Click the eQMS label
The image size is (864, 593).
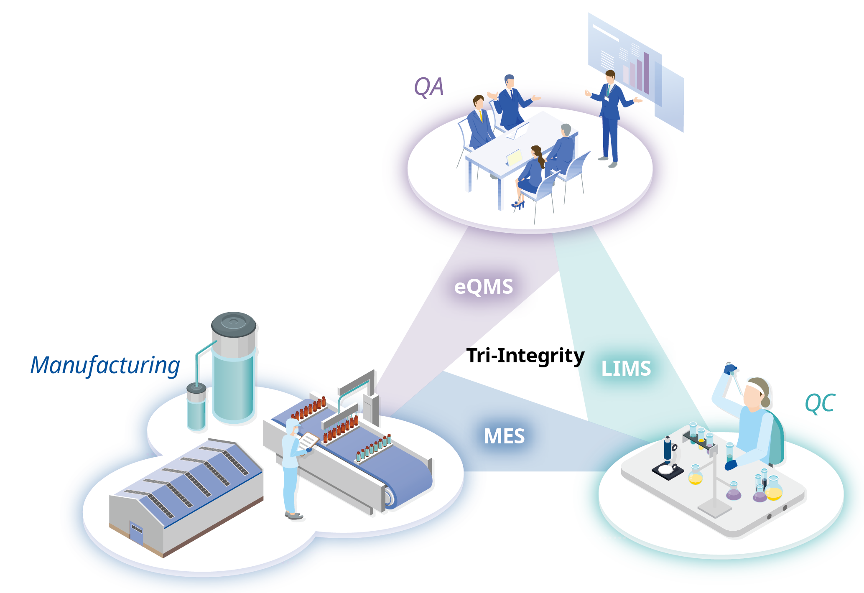(x=484, y=287)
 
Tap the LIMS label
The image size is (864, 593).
(x=626, y=369)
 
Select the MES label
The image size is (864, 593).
(x=504, y=436)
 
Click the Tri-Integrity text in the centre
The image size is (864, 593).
(x=525, y=356)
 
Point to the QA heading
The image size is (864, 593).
(x=428, y=87)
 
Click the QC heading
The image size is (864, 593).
(x=820, y=403)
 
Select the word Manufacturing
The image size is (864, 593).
(x=105, y=365)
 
